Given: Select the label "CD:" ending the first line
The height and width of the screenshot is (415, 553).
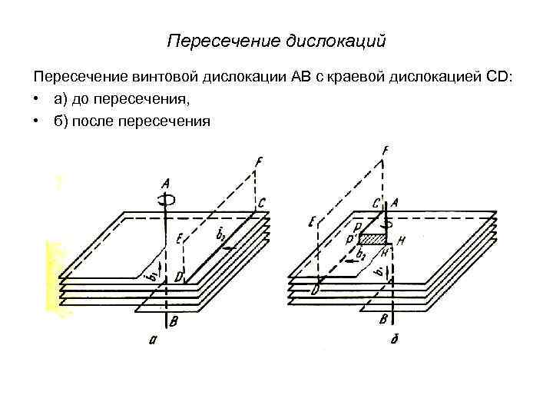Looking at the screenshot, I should (500, 78).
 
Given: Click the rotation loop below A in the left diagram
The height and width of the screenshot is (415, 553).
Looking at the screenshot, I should (167, 200).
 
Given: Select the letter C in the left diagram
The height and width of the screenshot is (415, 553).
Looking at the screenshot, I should (263, 203).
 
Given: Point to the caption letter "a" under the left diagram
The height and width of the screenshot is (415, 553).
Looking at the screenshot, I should (153, 343).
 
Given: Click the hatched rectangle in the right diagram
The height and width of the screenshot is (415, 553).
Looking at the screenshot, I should (373, 240).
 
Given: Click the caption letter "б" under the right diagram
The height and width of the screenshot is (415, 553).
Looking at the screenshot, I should (392, 341).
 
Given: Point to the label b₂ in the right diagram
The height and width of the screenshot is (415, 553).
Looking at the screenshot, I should (360, 253).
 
